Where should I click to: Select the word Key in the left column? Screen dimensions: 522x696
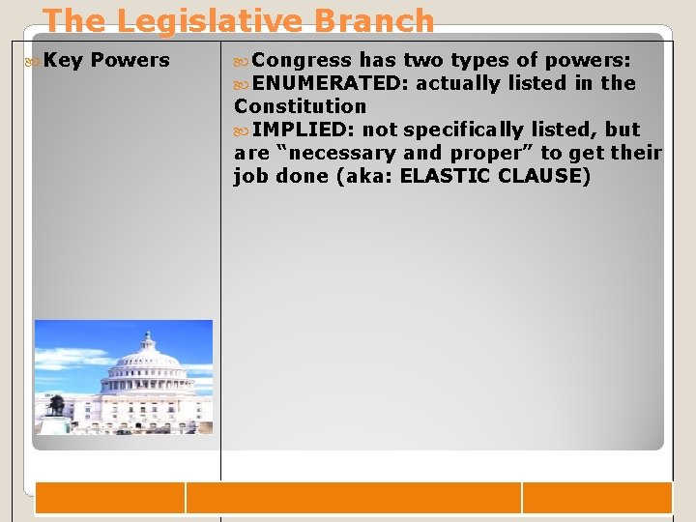[64, 60]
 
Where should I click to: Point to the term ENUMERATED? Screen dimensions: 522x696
[331, 83]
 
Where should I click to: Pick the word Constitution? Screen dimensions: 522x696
[301, 106]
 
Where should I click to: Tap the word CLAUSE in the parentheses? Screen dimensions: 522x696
[545, 176]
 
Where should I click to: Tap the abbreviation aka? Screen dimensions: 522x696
[371, 176]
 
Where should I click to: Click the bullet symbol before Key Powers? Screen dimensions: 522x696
[37, 61]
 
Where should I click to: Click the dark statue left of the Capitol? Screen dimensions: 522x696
[57, 404]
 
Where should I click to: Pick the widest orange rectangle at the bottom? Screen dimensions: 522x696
[353, 498]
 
